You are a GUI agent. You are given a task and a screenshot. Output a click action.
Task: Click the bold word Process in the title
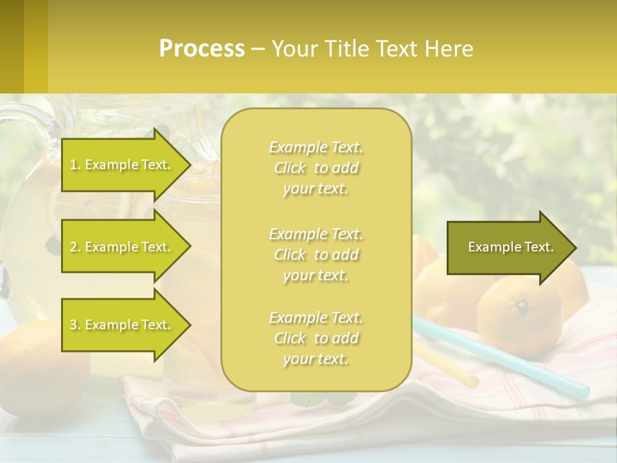click(x=202, y=48)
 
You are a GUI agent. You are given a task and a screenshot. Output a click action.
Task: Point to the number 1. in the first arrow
click(x=75, y=165)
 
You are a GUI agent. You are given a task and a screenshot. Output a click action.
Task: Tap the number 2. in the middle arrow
click(x=75, y=247)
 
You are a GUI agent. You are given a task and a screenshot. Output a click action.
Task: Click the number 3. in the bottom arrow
click(x=75, y=325)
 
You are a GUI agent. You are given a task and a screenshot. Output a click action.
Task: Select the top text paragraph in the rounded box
click(x=316, y=168)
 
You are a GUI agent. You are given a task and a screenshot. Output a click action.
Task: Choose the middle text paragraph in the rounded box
click(x=316, y=255)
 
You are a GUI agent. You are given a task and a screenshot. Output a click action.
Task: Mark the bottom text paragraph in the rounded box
click(x=316, y=338)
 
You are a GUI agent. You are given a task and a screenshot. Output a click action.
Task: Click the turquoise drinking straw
click(x=514, y=361)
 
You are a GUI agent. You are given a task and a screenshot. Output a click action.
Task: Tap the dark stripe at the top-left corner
click(x=12, y=46)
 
